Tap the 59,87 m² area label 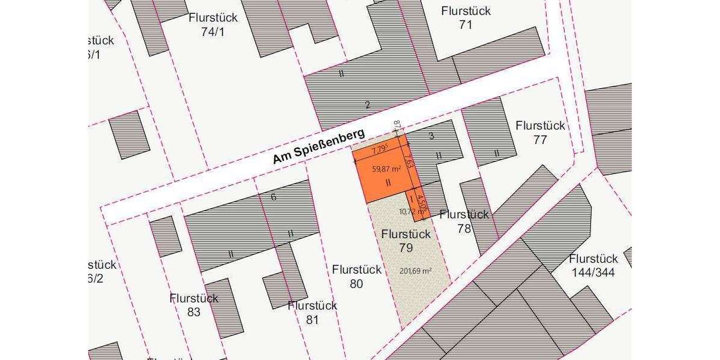[x=386, y=169]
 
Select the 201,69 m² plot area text [x=416, y=271]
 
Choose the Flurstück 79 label [x=406, y=241]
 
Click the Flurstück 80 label [x=356, y=277]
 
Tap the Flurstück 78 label [x=464, y=221]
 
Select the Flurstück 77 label [x=540, y=133]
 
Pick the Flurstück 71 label [x=466, y=18]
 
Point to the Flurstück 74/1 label [x=213, y=25]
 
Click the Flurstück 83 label [x=194, y=305]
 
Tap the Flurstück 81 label [x=312, y=313]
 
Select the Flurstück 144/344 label [x=593, y=266]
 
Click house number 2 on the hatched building [x=368, y=105]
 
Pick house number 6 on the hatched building [x=274, y=197]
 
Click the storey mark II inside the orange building [x=388, y=182]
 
